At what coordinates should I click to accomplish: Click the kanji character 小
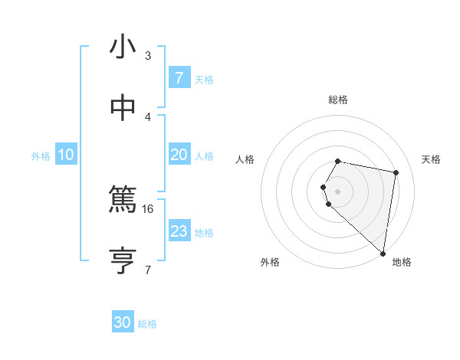(123, 47)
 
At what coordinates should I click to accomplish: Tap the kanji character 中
(123, 108)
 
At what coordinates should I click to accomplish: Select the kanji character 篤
(123, 201)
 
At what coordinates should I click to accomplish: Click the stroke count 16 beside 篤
(149, 208)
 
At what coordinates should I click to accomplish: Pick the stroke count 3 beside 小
(148, 55)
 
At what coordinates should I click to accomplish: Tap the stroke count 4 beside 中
(148, 116)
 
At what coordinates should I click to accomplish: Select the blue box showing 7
(179, 78)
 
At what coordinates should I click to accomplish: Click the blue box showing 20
(179, 155)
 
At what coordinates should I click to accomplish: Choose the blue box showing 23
(179, 231)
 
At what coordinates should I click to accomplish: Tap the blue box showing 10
(66, 155)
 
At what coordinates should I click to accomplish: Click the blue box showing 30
(123, 322)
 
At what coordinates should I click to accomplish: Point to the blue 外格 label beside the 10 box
(41, 156)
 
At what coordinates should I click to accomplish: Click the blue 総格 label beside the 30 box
(148, 324)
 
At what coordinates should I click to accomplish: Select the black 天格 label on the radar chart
(431, 159)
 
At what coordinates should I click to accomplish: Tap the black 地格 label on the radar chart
(402, 262)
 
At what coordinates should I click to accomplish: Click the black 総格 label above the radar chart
(338, 100)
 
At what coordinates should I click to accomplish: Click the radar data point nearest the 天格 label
(396, 173)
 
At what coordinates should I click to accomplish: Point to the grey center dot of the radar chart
(338, 191)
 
